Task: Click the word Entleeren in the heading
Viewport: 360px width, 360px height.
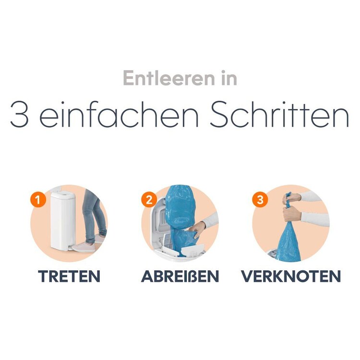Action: (169, 78)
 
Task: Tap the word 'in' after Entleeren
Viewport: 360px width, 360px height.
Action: (229, 78)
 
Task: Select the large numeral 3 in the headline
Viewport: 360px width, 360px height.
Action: (19, 114)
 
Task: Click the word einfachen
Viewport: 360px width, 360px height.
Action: (119, 114)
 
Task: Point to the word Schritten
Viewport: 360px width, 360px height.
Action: (280, 114)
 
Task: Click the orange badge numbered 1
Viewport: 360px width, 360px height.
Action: (38, 199)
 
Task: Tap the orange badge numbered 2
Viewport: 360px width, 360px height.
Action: (149, 199)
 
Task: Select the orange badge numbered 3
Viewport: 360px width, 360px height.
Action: (260, 199)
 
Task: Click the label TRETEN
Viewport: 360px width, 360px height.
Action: (69, 276)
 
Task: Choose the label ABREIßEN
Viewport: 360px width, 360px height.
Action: (180, 276)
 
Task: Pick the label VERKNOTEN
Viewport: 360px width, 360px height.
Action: (291, 276)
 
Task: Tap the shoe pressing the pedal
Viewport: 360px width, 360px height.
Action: (83, 247)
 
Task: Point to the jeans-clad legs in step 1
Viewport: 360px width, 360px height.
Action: (94, 216)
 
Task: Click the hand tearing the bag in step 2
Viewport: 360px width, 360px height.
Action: (197, 229)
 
